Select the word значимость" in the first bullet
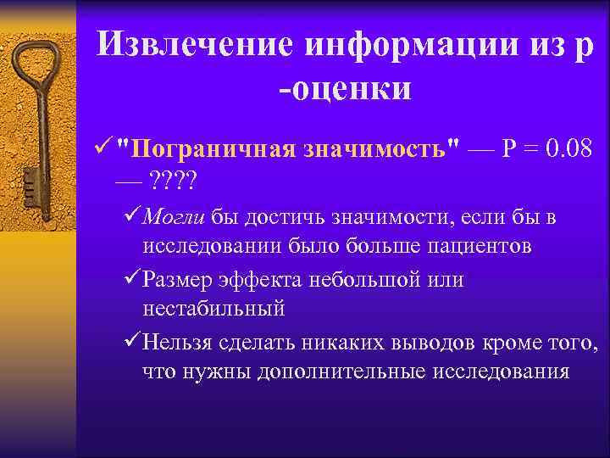point(377,149)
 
